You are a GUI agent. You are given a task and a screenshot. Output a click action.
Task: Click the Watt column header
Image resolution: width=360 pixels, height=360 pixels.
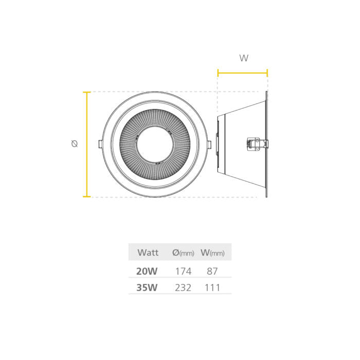click(148, 253)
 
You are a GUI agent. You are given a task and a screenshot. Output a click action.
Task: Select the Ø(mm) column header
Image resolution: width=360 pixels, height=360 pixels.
click(183, 253)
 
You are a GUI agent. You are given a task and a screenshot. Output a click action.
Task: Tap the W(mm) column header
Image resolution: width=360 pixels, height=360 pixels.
click(212, 253)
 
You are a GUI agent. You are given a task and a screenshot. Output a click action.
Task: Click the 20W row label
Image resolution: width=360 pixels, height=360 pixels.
click(147, 271)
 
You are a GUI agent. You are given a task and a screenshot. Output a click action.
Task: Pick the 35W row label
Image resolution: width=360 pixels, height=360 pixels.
click(147, 287)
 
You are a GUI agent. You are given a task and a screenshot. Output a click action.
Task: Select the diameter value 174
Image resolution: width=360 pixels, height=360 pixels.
click(183, 271)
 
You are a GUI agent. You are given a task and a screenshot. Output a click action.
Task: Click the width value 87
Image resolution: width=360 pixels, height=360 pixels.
click(212, 271)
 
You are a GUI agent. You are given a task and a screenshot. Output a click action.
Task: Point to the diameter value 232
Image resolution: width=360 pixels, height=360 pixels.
click(183, 287)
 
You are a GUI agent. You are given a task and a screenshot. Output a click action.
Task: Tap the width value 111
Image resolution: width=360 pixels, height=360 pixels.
click(212, 287)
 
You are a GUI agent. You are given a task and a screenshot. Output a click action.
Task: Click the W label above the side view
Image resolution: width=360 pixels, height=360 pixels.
click(244, 58)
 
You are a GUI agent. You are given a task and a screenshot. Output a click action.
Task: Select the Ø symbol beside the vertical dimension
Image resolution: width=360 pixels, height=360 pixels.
click(75, 144)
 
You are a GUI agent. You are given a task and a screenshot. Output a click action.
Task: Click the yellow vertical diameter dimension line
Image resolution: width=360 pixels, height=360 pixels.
click(87, 144)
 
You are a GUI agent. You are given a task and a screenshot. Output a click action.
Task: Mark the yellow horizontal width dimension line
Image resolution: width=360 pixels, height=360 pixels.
click(242, 73)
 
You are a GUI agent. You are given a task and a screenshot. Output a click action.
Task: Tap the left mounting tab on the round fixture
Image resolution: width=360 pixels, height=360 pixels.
click(100, 144)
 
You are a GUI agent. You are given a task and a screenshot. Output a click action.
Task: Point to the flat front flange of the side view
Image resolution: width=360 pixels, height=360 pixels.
click(266, 144)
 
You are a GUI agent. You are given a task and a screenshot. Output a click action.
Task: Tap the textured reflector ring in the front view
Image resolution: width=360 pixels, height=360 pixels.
click(128, 144)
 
